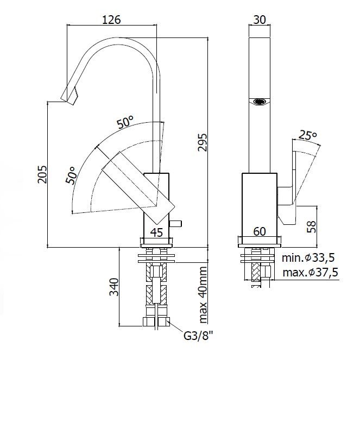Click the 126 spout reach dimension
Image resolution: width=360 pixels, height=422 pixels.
click(x=112, y=20)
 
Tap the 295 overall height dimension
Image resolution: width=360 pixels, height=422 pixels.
click(x=203, y=142)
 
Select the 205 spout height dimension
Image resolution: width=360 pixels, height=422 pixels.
click(x=42, y=174)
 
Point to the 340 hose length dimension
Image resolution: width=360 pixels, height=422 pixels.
click(x=114, y=287)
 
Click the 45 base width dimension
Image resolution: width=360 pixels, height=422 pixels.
click(x=156, y=232)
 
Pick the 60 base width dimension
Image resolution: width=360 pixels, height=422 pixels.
click(x=260, y=231)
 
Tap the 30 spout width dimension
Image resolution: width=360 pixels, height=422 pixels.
click(x=260, y=20)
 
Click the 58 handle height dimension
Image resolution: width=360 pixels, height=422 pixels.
click(x=311, y=226)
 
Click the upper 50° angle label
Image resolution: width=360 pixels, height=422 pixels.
click(x=125, y=123)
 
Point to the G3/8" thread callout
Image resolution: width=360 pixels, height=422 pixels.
click(x=198, y=336)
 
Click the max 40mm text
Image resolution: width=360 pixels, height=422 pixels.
click(x=203, y=295)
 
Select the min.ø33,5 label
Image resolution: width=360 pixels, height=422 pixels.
click(x=308, y=257)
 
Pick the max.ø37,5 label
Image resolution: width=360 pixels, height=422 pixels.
click(x=310, y=272)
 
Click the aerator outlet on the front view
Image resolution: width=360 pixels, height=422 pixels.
click(x=260, y=102)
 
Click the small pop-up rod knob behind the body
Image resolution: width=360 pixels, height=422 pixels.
click(x=176, y=223)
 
